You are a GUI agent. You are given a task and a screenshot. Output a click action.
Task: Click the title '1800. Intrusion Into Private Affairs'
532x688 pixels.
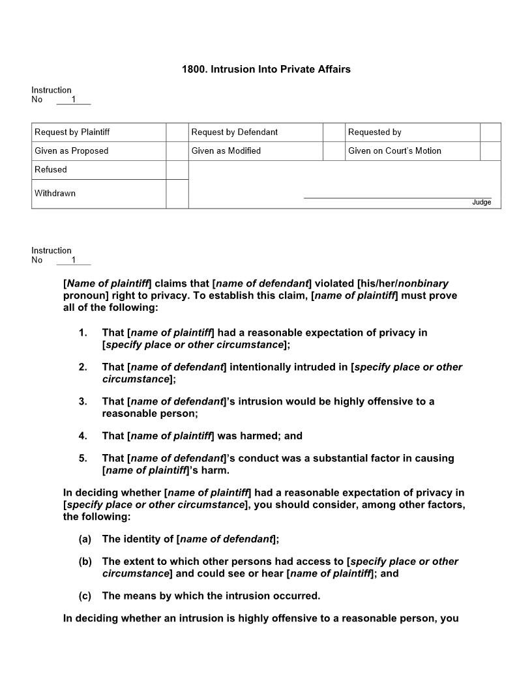point(266,69)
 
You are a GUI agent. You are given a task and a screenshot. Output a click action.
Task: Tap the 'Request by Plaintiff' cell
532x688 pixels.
point(72,132)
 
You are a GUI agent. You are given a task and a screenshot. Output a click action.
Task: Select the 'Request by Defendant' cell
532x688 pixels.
point(234,132)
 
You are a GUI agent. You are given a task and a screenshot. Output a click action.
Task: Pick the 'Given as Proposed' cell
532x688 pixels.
point(71,151)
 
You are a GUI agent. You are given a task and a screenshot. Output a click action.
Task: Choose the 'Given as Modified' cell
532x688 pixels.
point(226,151)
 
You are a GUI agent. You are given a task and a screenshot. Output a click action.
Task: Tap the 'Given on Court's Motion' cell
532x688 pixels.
point(394,151)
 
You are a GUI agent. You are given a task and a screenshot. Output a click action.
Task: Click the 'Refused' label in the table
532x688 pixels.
point(51,170)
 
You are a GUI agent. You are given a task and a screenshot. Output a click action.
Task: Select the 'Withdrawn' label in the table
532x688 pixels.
point(55,193)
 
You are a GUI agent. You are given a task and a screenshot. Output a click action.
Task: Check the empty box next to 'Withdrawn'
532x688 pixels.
point(177,194)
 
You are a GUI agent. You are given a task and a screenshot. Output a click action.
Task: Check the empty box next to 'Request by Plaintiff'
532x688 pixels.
point(177,132)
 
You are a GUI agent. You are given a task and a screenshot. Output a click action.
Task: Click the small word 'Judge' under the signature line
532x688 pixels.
point(481,203)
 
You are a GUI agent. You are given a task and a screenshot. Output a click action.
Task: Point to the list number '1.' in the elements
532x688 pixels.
point(83,333)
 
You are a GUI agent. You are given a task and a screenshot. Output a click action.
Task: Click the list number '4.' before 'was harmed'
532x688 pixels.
point(83,436)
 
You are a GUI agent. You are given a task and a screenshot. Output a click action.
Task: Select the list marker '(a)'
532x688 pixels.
point(85,539)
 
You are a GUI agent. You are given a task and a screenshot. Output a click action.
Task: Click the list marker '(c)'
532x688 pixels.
point(85,596)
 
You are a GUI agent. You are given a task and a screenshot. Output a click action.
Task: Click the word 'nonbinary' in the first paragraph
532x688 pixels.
point(423,283)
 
